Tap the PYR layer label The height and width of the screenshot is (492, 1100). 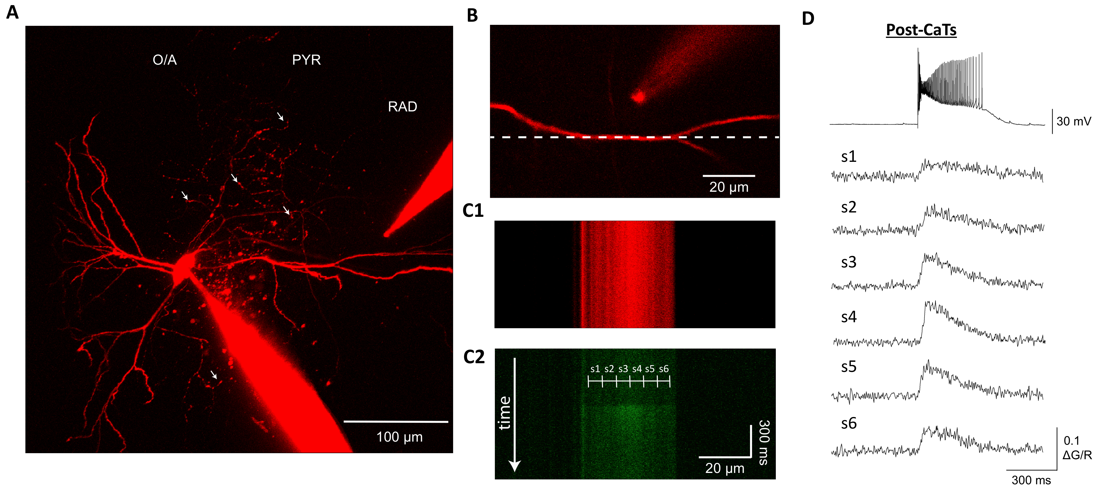click(x=306, y=60)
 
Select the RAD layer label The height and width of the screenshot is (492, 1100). click(x=402, y=107)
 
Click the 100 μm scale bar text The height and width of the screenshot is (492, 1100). click(x=399, y=437)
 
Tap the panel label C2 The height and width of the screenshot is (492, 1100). click(x=474, y=357)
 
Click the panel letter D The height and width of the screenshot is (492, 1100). click(x=808, y=19)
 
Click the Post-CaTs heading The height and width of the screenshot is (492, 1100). click(x=921, y=30)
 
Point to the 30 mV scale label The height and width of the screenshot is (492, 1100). click(x=1073, y=122)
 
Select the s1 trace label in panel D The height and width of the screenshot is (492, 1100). click(x=848, y=157)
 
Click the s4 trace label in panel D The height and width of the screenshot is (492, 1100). click(x=848, y=317)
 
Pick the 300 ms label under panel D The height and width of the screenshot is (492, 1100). click(x=1031, y=480)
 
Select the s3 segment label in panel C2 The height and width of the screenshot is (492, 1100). click(x=623, y=369)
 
